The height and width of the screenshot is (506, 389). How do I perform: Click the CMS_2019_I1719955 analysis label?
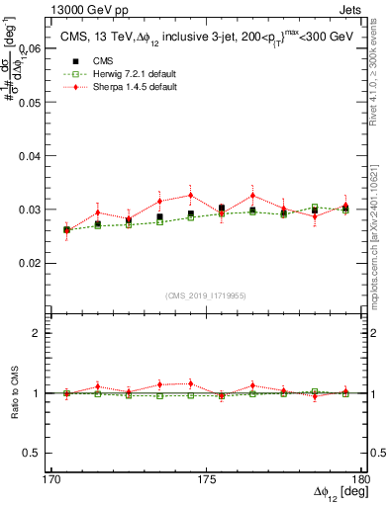206,295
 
